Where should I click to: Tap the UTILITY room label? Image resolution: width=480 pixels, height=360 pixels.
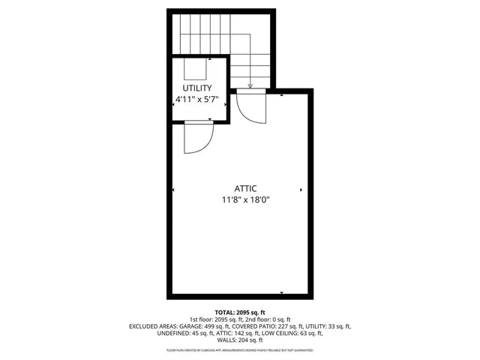coord(198,88)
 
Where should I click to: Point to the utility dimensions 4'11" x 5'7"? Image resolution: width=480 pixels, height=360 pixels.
coord(198,99)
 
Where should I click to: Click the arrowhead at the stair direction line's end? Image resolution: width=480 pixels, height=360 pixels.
coord(250,85)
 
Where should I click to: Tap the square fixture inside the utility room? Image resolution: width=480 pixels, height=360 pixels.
coord(196,68)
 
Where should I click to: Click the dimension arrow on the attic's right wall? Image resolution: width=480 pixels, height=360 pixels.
coord(301,189)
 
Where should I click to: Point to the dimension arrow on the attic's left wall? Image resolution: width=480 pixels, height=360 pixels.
coord(174,189)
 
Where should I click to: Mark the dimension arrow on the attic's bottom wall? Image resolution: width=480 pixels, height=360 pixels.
coord(281,292)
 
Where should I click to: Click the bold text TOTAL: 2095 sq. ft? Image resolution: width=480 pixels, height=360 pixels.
coord(240,312)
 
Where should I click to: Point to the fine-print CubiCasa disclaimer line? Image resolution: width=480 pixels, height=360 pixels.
coord(240,349)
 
